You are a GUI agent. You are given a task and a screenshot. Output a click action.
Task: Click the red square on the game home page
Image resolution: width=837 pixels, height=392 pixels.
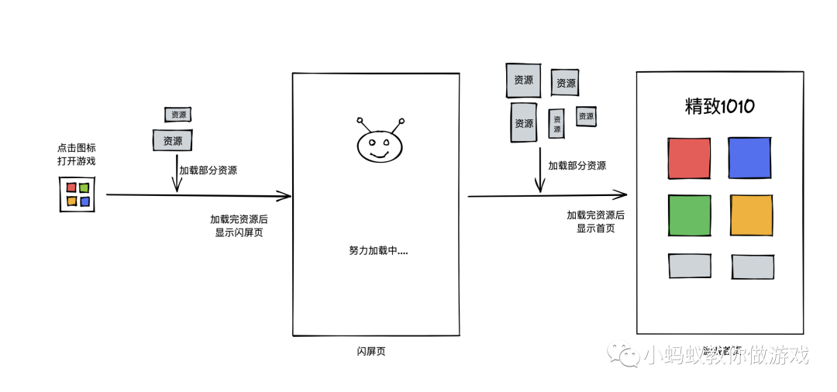pos(689,158)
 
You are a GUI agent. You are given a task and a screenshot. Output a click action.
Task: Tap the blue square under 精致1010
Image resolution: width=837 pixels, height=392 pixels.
pos(749,158)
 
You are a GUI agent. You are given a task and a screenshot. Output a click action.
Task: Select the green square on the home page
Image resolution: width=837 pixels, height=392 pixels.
pos(689,215)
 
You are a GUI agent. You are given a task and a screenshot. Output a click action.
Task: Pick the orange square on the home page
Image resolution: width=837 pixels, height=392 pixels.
pos(751,215)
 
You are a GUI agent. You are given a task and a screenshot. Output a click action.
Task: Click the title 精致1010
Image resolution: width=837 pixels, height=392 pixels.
pos(719,107)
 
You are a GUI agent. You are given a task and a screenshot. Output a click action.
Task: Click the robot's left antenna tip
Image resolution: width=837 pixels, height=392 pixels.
pos(360,120)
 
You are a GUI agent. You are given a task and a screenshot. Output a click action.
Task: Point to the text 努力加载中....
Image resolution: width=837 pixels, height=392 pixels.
pos(378,250)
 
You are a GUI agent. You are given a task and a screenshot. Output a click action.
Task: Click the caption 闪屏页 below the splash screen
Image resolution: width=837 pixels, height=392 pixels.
pos(366,351)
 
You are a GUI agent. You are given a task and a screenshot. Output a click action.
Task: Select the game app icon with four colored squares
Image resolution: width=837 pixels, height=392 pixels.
pos(77,194)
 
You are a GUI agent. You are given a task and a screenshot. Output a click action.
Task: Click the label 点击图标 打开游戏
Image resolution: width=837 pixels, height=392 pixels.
pos(77,154)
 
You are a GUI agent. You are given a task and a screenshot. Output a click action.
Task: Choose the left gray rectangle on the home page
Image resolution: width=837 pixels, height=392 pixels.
pos(690,266)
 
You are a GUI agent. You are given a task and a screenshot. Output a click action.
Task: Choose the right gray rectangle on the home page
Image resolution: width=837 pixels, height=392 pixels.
pos(753,266)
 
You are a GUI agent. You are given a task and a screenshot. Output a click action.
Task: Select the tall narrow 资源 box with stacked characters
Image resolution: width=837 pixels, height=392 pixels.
pos(556,123)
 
